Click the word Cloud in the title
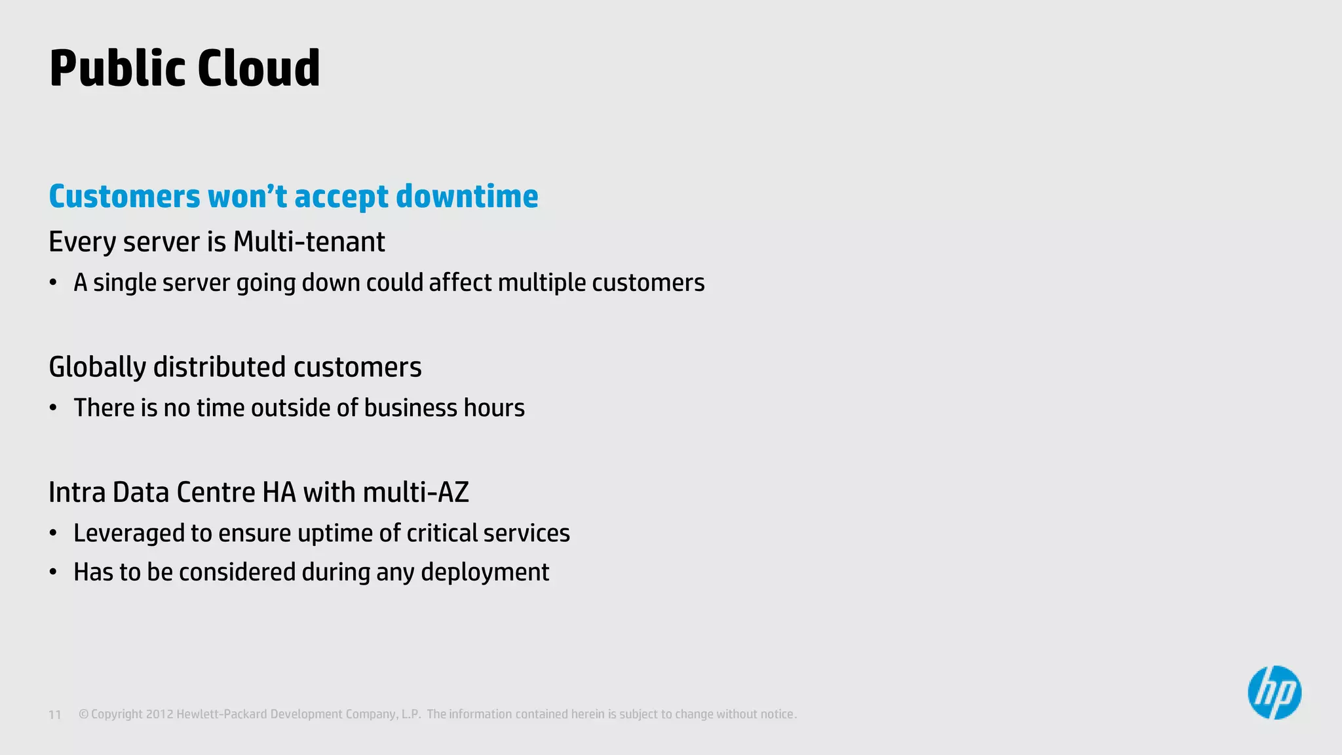click(258, 68)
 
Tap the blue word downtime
click(467, 196)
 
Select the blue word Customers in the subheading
click(125, 196)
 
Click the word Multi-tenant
click(309, 242)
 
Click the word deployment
click(485, 572)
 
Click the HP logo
click(1274, 693)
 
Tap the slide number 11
click(55, 715)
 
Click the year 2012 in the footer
click(159, 714)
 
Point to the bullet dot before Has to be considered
click(54, 572)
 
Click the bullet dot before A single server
click(54, 283)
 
